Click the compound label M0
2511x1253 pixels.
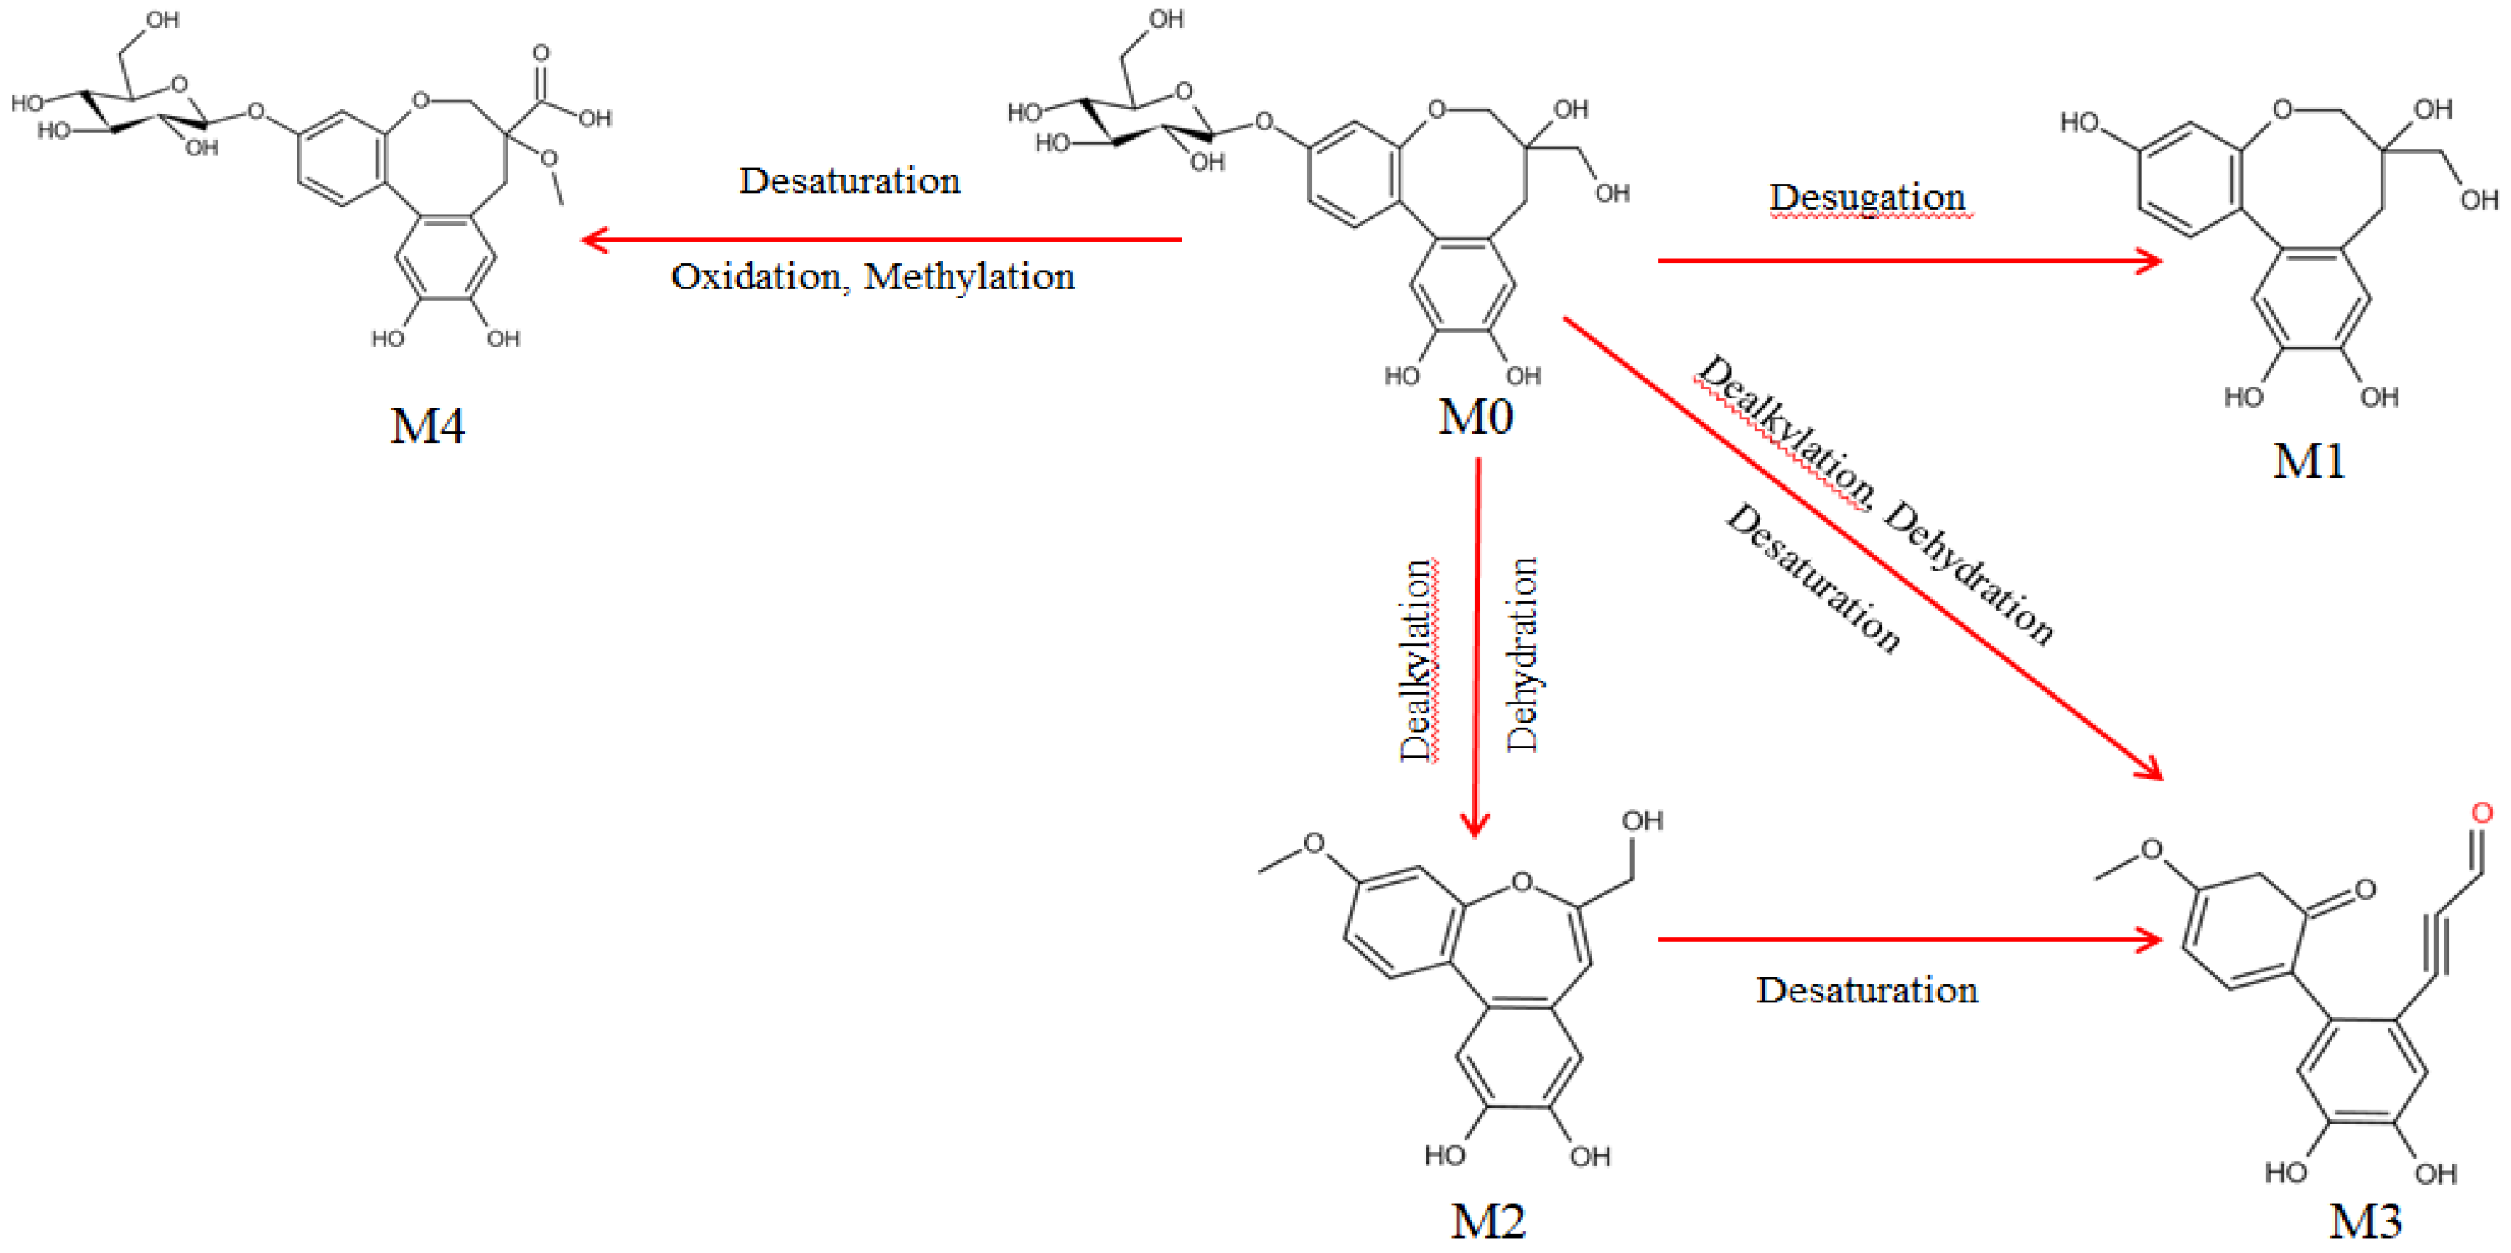[x=1476, y=417]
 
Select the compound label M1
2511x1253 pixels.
[x=2308, y=461]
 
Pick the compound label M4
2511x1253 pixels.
[x=427, y=426]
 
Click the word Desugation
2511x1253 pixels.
[x=1867, y=197]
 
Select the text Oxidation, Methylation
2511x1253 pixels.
[x=872, y=276]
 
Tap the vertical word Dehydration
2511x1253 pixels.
[x=1522, y=655]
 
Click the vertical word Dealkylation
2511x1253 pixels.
[x=1416, y=661]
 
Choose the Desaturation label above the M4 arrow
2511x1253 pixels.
[x=849, y=181]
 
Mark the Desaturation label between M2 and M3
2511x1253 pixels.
[x=1867, y=990]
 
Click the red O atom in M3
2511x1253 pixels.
[x=2481, y=813]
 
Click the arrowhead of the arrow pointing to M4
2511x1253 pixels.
[x=591, y=240]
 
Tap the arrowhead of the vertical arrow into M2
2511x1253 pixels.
[x=1475, y=827]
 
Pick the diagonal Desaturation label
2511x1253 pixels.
[x=1813, y=579]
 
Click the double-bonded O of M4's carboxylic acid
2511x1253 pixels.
[x=541, y=53]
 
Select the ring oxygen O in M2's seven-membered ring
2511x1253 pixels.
[x=1521, y=884]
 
